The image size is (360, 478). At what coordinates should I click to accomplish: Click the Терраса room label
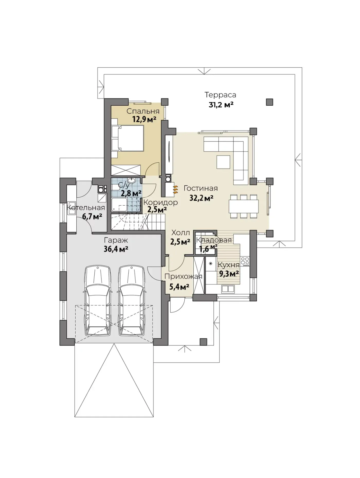click(x=220, y=95)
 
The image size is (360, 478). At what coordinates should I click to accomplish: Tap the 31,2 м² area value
click(x=221, y=105)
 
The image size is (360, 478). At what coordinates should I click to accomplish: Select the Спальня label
click(x=143, y=111)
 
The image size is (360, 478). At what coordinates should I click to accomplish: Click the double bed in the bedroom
click(x=128, y=138)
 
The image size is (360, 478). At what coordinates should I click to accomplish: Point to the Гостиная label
click(x=201, y=188)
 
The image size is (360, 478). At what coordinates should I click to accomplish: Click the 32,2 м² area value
click(x=201, y=198)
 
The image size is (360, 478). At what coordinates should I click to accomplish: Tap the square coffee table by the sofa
click(x=223, y=162)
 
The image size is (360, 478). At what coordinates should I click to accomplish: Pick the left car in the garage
click(x=98, y=300)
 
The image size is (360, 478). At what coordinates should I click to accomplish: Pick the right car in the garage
click(x=131, y=300)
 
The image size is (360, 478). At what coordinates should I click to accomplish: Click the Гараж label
click(x=116, y=241)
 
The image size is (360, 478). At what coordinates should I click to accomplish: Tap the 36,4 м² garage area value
click(x=116, y=249)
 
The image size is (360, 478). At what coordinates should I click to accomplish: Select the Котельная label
click(x=86, y=208)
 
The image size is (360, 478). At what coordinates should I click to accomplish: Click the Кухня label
click(x=228, y=265)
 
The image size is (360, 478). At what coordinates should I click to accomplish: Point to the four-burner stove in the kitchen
click(x=245, y=261)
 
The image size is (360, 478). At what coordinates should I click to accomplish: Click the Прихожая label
click(x=183, y=277)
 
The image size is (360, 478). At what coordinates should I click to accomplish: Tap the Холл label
click(x=181, y=233)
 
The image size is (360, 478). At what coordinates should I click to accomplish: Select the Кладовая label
click(x=214, y=240)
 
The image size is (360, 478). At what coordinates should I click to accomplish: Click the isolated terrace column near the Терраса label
click(x=269, y=102)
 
